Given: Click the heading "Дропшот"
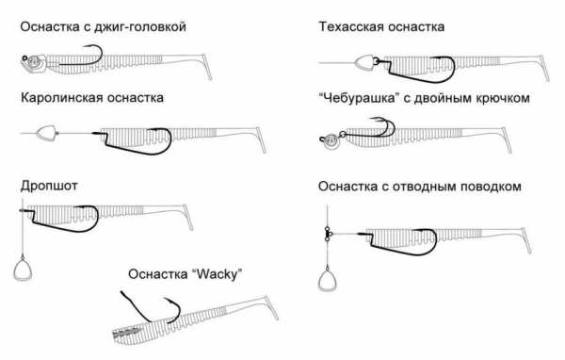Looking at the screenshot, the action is click(49, 187).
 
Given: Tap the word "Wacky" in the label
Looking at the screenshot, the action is click(218, 274).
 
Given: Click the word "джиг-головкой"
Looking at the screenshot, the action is click(139, 27).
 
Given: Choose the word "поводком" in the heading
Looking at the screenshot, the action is click(491, 187).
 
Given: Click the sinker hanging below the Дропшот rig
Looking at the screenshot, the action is click(23, 268).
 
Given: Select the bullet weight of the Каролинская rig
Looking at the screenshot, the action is click(46, 133).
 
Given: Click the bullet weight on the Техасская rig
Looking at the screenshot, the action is click(365, 63).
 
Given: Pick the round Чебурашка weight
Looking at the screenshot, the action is click(330, 141).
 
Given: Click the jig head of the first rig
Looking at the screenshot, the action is click(34, 62).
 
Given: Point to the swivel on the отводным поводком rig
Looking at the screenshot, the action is click(328, 234).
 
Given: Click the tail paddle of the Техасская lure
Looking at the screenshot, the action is click(544, 69).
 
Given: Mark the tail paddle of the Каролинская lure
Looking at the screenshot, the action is click(262, 140).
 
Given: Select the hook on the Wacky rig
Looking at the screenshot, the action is click(152, 307).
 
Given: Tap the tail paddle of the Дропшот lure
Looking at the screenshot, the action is click(189, 218).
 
